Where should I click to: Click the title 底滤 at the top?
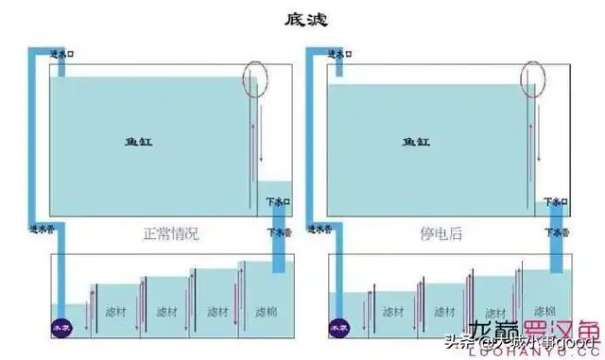tap(302, 18)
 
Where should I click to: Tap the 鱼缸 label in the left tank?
tap(139, 142)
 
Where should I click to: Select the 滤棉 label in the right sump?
tap(545, 310)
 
